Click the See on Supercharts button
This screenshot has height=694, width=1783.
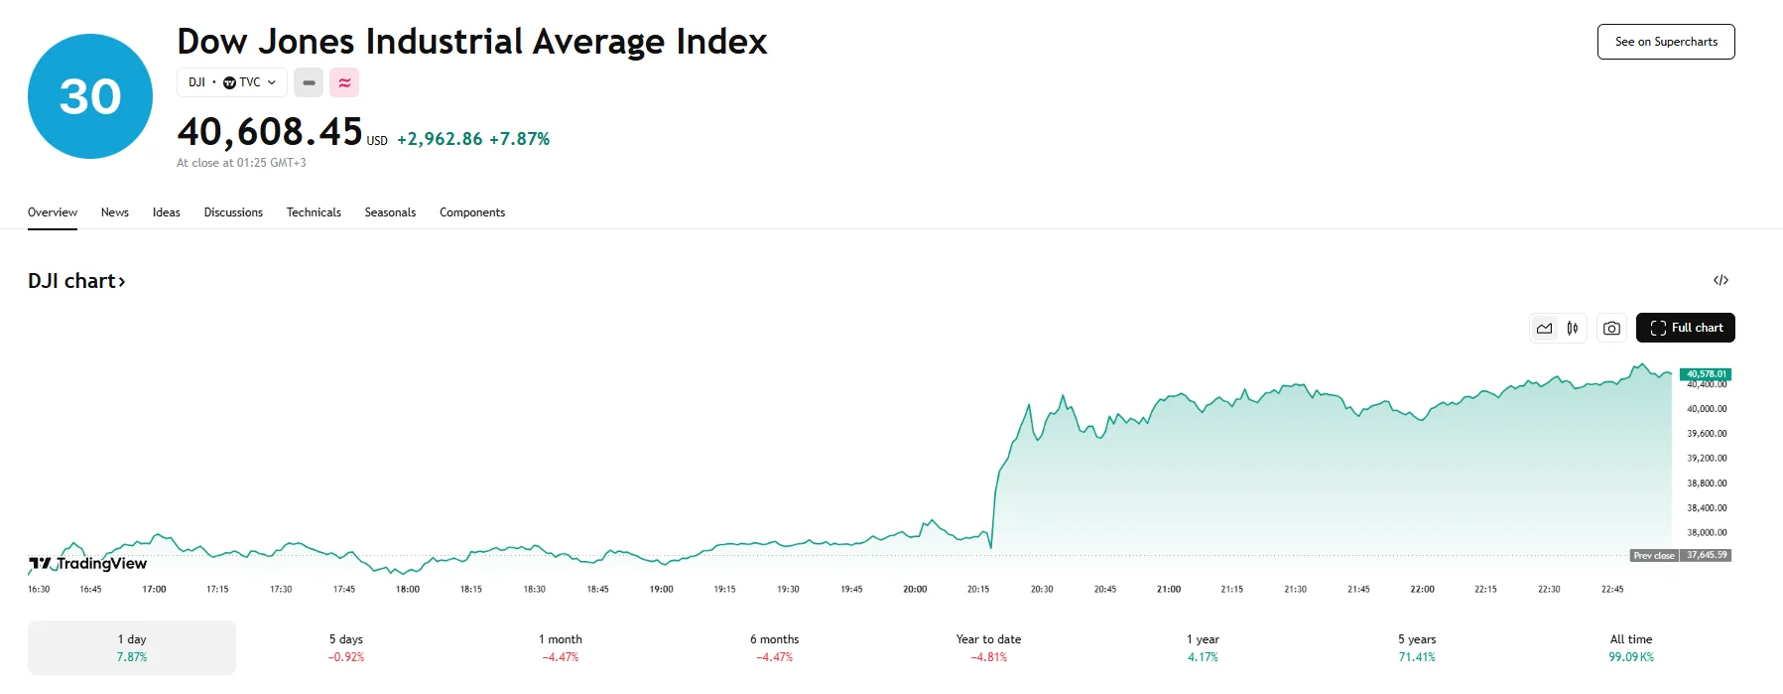coord(1665,42)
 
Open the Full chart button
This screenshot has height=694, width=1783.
coord(1685,328)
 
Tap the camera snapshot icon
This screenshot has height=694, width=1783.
coord(1611,328)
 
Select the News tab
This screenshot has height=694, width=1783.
coord(114,212)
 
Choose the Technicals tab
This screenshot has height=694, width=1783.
coord(314,212)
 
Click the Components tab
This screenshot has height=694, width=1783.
coord(472,212)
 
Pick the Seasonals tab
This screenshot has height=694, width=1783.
coord(390,212)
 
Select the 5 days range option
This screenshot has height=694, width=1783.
coord(346,647)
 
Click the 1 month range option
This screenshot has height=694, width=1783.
coord(561,647)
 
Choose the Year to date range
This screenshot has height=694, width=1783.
coord(988,647)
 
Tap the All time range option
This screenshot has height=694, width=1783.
coord(1631,647)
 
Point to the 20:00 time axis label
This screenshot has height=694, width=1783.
coord(915,589)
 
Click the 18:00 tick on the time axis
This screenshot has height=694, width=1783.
coord(408,589)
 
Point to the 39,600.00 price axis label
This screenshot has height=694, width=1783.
coord(1707,434)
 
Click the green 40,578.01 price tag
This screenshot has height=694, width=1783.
coord(1706,374)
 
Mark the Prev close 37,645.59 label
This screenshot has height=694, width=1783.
coord(1681,555)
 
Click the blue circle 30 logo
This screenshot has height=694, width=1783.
coord(90,96)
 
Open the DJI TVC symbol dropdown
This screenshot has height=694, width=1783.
coord(232,82)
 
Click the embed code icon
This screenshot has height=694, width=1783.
coord(1720,280)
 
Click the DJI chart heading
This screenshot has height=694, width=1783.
coord(76,281)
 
